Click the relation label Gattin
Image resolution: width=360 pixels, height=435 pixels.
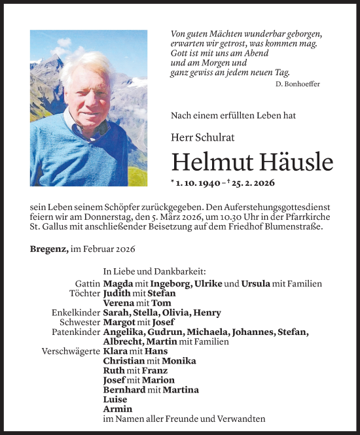click(88, 284)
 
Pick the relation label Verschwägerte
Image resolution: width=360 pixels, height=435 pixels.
click(71, 351)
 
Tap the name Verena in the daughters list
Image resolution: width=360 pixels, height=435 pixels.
click(119, 303)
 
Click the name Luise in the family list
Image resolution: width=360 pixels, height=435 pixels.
click(115, 399)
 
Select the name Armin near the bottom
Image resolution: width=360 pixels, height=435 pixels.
click(117, 409)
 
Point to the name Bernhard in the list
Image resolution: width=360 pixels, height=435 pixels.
click(124, 390)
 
